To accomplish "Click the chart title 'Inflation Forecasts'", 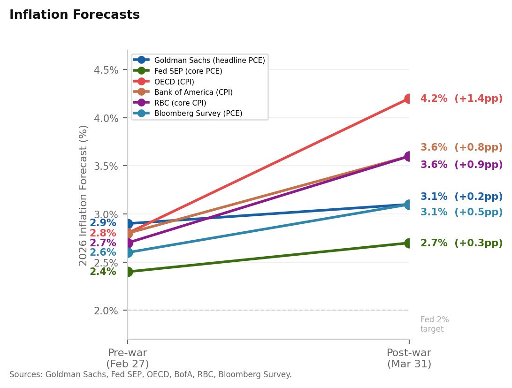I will coord(74,15).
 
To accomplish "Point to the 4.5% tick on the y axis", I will coord(106,70).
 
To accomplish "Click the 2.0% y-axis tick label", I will coord(106,311).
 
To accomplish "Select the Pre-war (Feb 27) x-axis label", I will coord(128,358).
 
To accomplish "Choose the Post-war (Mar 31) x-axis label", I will coord(409,358).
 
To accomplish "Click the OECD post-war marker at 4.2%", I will coord(409,99).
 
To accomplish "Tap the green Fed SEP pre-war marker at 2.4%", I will coord(128,272).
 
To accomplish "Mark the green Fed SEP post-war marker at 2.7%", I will coord(409,243).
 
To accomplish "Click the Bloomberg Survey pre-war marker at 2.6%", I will coord(128,252).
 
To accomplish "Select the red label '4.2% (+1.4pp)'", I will coord(461,99).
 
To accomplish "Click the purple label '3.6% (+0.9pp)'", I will coord(461,165).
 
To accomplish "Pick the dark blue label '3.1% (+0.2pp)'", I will coord(461,197).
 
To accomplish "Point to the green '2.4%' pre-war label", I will coord(103,272).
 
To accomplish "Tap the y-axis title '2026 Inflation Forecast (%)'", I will coord(83,195).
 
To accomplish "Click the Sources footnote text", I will coord(150,375).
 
